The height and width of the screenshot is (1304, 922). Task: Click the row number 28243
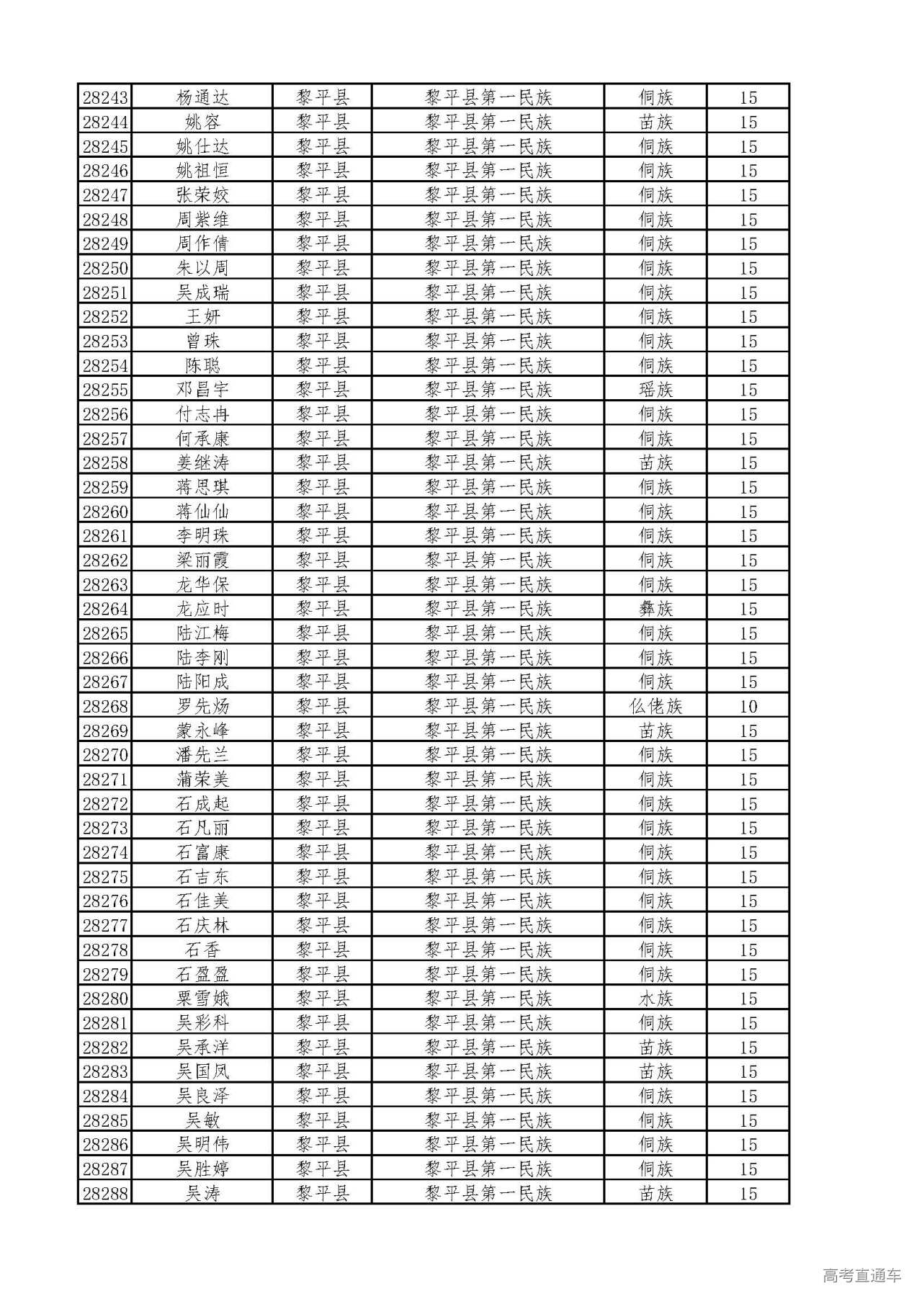(105, 97)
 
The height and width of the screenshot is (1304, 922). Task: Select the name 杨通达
(202, 97)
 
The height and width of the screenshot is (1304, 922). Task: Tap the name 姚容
(202, 122)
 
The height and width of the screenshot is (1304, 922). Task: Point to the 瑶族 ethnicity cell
(655, 390)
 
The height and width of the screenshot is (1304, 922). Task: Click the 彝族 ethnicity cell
(655, 609)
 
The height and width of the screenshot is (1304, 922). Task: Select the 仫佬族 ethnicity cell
(655, 706)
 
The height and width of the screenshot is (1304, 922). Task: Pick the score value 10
(748, 706)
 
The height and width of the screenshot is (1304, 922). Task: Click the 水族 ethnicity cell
(655, 999)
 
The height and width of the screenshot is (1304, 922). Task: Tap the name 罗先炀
(202, 706)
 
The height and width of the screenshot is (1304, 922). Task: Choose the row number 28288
(105, 1193)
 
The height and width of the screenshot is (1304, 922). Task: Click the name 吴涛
(202, 1193)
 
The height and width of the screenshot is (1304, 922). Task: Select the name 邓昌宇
(202, 390)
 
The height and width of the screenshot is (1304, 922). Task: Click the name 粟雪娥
(202, 999)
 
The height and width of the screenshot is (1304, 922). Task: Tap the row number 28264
(105, 609)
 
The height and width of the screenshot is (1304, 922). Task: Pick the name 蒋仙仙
(202, 512)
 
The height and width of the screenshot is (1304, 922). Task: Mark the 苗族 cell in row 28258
(655, 463)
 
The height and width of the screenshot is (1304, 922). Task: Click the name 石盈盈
(202, 974)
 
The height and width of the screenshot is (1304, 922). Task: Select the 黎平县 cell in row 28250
(323, 268)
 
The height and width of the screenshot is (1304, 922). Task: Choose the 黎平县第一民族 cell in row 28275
(488, 877)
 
